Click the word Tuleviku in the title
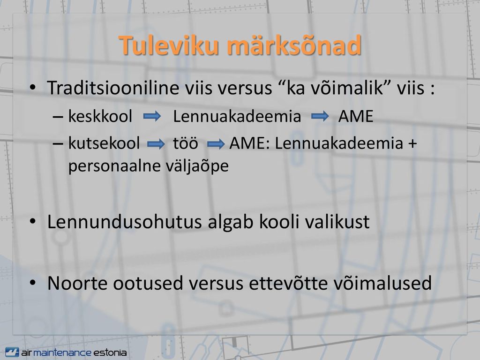coord(169,45)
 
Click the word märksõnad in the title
coord(294,45)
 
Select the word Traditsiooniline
coord(113,88)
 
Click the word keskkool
coord(100,116)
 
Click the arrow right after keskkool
coord(152,116)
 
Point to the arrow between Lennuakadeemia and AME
coord(320,116)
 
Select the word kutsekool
coord(104,143)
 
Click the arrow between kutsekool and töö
coord(156,144)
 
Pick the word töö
coord(186,143)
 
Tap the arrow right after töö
coord(216,144)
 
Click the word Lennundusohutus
coord(124,222)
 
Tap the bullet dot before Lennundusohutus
coord(33,221)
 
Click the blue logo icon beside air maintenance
coord(12,352)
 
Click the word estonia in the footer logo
coord(110,352)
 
